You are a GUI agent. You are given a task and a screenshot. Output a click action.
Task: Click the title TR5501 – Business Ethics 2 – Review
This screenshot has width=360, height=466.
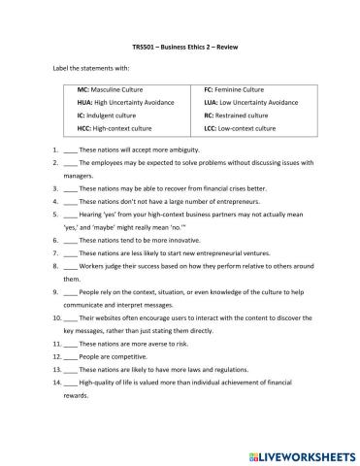coord(180,48)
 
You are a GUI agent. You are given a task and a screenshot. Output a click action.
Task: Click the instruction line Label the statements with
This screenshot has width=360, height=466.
coord(89,69)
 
